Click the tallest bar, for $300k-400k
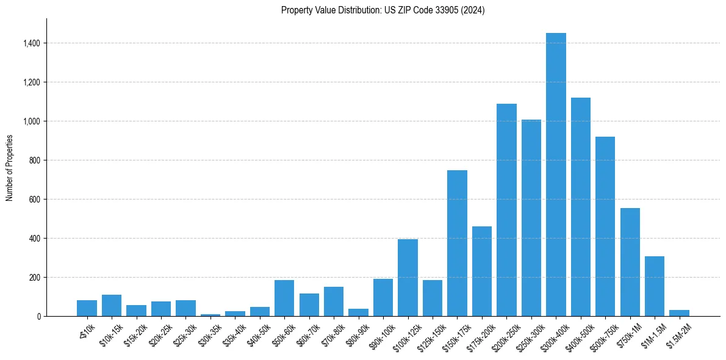[556, 175]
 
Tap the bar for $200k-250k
[506, 210]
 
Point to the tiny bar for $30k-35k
[210, 315]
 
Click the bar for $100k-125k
[408, 278]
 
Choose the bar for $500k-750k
[605, 226]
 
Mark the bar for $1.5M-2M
[679, 313]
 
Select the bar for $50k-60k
[284, 298]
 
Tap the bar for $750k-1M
[630, 262]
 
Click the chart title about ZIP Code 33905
[383, 10]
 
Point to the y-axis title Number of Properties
[10, 168]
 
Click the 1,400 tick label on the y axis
[31, 43]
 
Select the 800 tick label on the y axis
[34, 160]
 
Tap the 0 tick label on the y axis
[38, 317]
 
